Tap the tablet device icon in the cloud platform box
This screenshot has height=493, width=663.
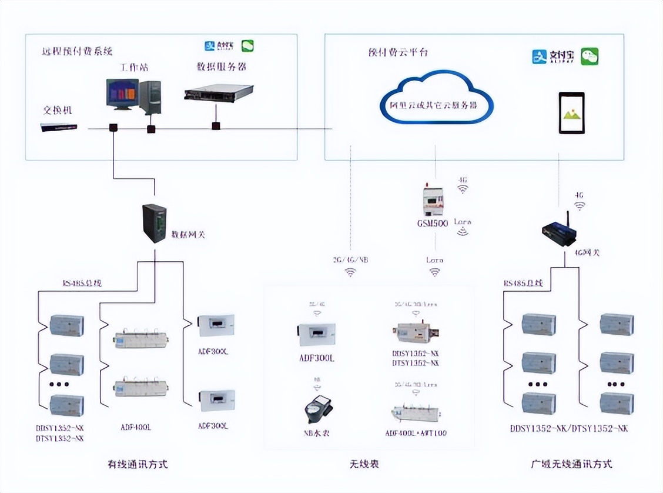(x=571, y=114)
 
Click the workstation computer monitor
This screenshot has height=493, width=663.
(x=122, y=94)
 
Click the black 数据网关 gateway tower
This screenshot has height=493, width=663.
(x=155, y=223)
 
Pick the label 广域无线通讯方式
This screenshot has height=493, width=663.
(x=571, y=464)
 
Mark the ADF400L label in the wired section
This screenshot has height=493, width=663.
(x=136, y=427)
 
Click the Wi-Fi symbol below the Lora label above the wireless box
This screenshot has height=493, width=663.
(x=434, y=272)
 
